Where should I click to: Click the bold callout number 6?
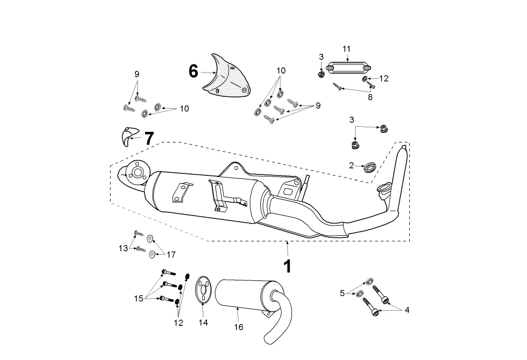(x=193, y=71)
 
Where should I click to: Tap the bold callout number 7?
(x=149, y=138)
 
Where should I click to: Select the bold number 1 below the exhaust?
(x=288, y=267)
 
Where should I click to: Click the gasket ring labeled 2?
(x=370, y=166)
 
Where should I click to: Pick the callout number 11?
(x=346, y=49)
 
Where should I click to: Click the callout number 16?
(x=238, y=327)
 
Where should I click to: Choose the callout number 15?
(x=139, y=298)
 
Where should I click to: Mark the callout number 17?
(x=171, y=255)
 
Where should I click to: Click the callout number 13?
(x=123, y=248)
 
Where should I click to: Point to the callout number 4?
(x=407, y=310)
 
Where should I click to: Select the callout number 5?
(x=342, y=293)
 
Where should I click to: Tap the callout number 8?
(x=370, y=97)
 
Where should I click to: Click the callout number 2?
(x=352, y=166)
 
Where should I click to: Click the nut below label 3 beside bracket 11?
(x=321, y=74)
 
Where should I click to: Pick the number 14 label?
(x=203, y=322)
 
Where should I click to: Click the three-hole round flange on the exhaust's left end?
(x=137, y=173)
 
